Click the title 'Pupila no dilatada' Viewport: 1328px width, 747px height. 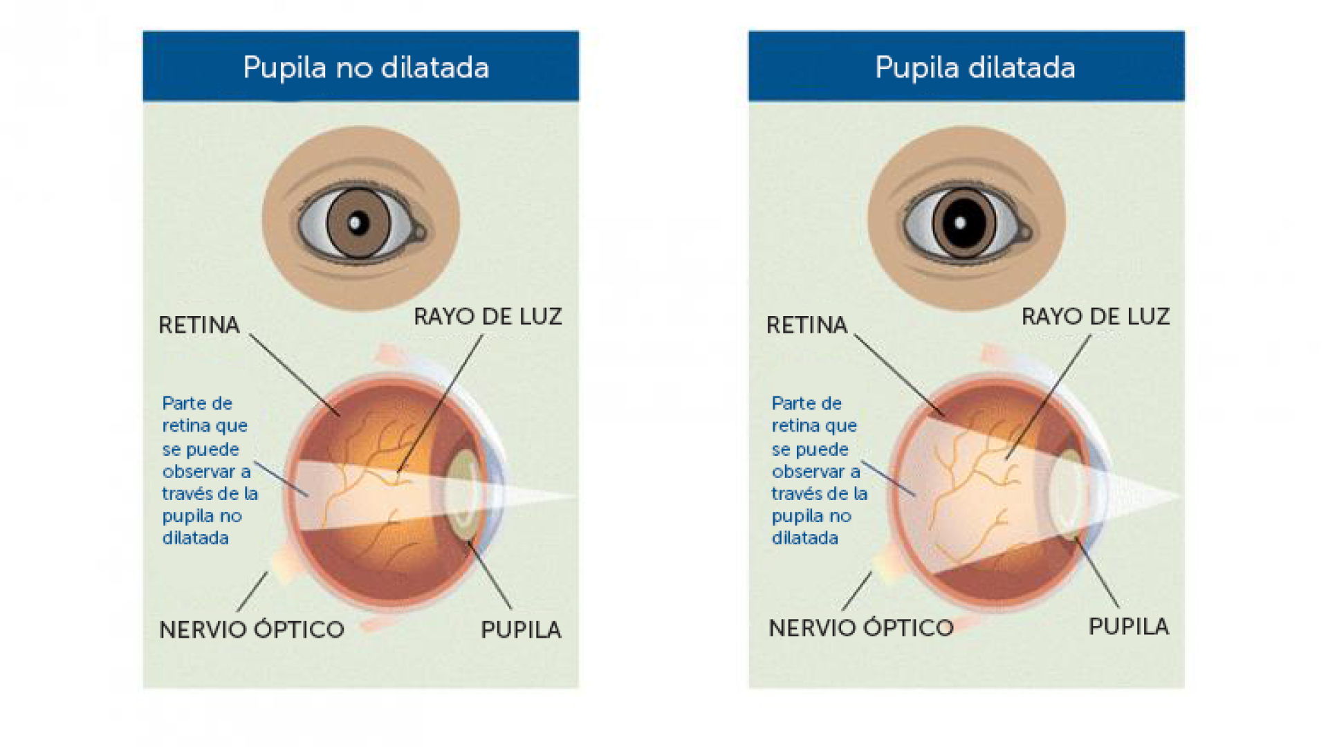pos(366,68)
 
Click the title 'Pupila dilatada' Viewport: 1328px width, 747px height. pos(975,68)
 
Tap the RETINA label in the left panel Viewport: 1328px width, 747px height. pos(199,325)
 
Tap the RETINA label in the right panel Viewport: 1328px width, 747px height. pos(806,325)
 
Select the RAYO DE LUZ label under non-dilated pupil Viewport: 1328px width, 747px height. pos(488,317)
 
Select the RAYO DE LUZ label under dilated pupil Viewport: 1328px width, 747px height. pos(1096,317)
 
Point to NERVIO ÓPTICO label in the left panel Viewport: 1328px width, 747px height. pos(252,629)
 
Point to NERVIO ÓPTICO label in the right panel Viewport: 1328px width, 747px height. pos(861,628)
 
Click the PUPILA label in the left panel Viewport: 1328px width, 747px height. pos(521,629)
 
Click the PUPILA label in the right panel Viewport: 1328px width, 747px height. pos(1129,626)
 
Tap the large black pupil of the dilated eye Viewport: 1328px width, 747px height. pos(963,223)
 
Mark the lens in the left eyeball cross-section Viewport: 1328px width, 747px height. pos(459,495)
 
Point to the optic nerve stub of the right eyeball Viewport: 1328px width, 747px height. pos(885,564)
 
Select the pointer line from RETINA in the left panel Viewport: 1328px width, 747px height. pos(294,374)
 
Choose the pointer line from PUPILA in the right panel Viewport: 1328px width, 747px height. pos(1098,574)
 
